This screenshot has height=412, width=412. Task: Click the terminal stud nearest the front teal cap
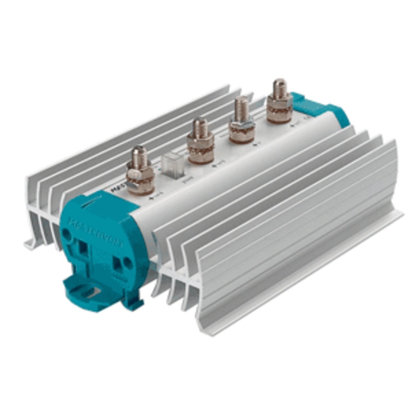pyautogui.click(x=139, y=170)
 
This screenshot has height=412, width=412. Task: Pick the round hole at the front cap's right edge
pyautogui.click(x=128, y=264)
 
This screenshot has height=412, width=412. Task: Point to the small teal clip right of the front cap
pyautogui.click(x=135, y=304)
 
